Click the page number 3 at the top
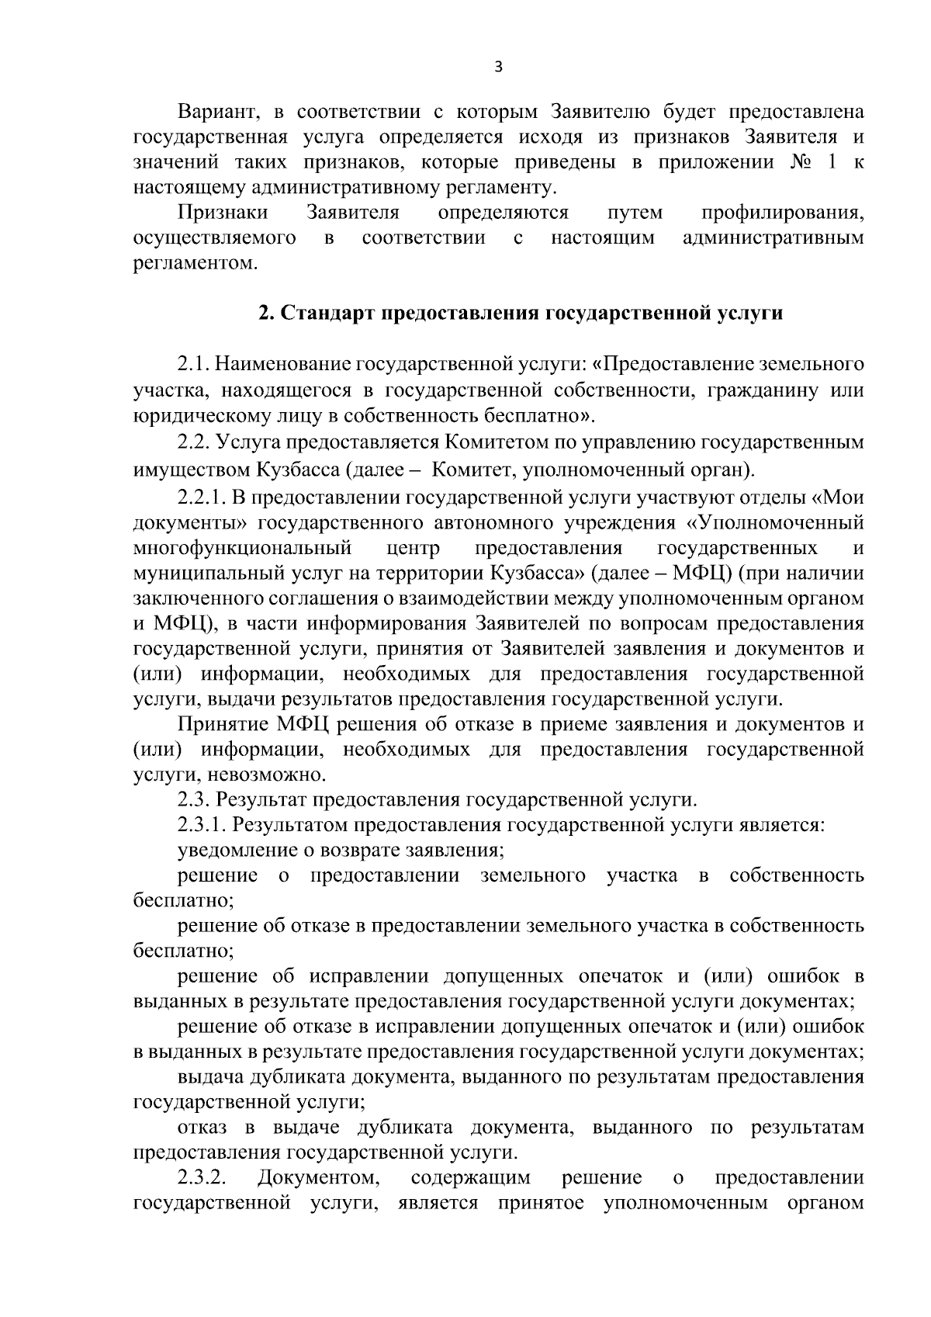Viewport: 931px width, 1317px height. [499, 68]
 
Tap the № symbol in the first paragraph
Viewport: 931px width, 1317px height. [793, 162]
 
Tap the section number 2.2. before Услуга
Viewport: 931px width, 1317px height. [193, 442]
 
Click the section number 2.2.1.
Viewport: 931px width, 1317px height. [202, 497]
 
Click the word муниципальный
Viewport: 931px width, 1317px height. [202, 574]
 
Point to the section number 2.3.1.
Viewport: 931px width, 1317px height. [202, 824]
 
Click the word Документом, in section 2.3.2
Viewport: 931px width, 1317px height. [318, 1178]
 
